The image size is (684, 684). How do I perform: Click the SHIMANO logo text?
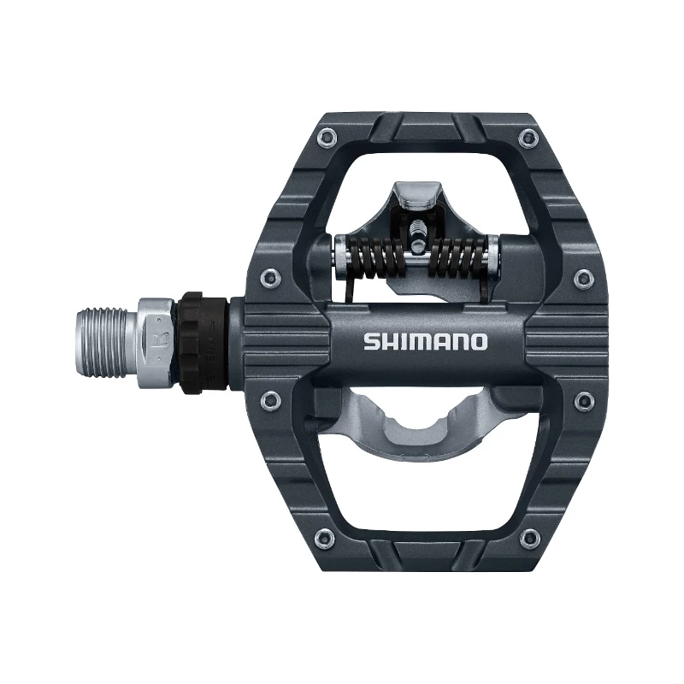point(425,342)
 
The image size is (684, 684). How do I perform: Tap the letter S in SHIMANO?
point(370,342)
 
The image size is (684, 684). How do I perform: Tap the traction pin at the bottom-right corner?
point(530,537)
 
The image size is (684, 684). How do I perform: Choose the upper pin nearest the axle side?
point(271,275)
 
